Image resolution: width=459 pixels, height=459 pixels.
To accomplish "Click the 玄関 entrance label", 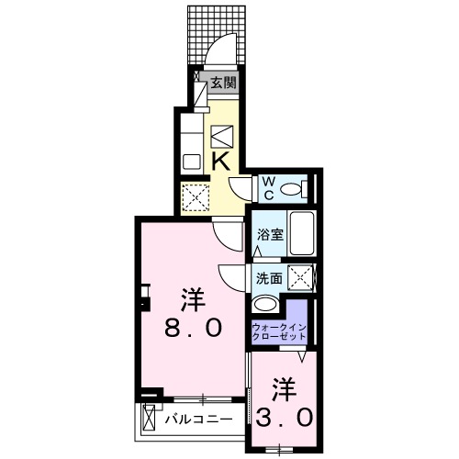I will tap(223, 82).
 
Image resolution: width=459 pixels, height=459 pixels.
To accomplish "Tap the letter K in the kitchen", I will tap(221, 160).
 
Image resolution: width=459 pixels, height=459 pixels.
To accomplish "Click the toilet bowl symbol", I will tap(292, 189).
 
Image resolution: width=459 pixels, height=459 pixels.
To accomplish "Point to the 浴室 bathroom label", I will tap(269, 234).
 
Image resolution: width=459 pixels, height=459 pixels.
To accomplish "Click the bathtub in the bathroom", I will tap(302, 233).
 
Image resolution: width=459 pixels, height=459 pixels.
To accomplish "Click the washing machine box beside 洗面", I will tap(298, 274).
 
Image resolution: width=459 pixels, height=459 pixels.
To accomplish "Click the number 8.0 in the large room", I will tap(193, 328).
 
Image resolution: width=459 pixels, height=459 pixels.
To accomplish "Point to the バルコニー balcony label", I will tap(199, 420).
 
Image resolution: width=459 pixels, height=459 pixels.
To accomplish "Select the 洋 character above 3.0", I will tap(285, 386).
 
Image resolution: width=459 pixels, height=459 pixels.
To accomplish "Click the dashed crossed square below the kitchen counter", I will tap(196, 196).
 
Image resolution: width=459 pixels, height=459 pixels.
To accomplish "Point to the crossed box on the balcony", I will tap(151, 421).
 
